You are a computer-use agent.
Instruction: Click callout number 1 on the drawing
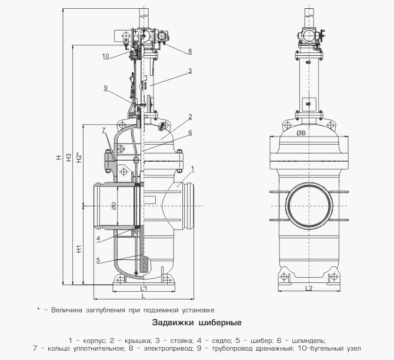coord(192,169)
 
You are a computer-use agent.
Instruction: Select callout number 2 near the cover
coord(190,116)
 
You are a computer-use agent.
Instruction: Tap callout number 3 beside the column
coord(190,71)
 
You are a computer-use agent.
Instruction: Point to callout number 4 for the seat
coord(99,238)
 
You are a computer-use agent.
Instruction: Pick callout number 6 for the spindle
coord(190,133)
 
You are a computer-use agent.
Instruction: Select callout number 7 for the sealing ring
coord(103,129)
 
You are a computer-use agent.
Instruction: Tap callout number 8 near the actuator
coord(190,51)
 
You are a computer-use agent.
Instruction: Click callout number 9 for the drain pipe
coord(105,88)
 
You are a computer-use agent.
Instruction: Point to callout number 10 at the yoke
coord(105,56)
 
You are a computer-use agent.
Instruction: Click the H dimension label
coord(58,158)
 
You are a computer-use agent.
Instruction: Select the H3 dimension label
coord(68,158)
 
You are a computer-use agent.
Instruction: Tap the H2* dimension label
coord(79,158)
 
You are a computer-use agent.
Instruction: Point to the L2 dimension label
coord(309,288)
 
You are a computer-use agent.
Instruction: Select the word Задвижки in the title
coord(172,322)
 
